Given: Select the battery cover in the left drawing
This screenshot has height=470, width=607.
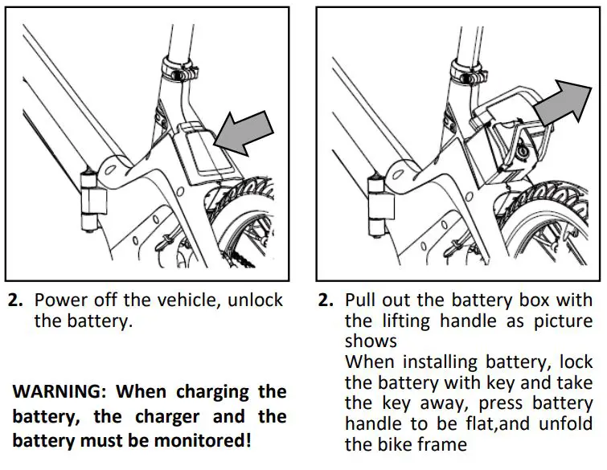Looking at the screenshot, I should pos(202,153).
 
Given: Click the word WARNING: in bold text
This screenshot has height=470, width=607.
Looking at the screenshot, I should pos(60,392).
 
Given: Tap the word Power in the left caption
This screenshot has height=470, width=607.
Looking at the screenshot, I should pos(61,300).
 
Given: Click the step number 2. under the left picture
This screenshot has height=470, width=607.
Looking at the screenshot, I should pos(15,301).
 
